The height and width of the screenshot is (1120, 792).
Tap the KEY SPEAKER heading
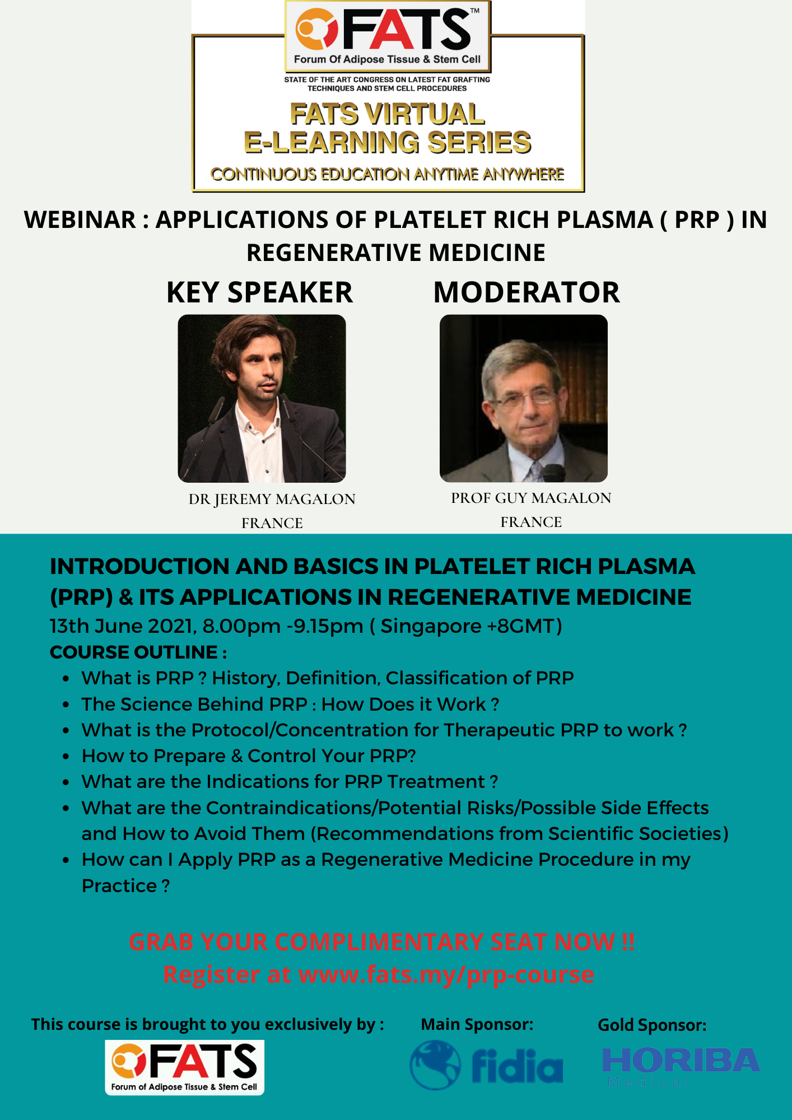pyautogui.click(x=259, y=292)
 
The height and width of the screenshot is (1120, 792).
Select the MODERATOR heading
pyautogui.click(x=527, y=292)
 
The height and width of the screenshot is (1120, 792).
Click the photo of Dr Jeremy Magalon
pyautogui.click(x=262, y=398)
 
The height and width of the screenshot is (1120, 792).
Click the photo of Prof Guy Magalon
pyautogui.click(x=523, y=398)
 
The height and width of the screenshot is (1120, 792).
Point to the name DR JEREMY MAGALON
pyautogui.click(x=272, y=499)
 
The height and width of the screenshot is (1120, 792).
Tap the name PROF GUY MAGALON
pyautogui.click(x=531, y=498)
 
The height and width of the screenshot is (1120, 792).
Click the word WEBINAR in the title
pyautogui.click(x=80, y=220)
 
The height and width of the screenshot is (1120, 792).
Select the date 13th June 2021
pyautogui.click(x=122, y=626)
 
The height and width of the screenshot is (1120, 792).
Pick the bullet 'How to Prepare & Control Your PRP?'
pyautogui.click(x=249, y=756)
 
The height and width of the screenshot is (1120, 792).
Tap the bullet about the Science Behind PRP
pyautogui.click(x=290, y=704)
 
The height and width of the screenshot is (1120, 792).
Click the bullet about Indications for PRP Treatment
pyautogui.click(x=290, y=782)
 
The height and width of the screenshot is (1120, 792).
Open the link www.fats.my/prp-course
pyautogui.click(x=446, y=975)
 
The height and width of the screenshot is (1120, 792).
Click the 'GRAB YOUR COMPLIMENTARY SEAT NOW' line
pyautogui.click(x=381, y=942)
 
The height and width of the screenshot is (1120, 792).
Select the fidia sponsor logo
pyautogui.click(x=486, y=1065)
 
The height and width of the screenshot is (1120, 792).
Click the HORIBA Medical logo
pyautogui.click(x=680, y=1066)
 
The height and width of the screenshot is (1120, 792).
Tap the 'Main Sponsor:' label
pyautogui.click(x=477, y=1024)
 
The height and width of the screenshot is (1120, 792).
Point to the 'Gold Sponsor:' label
pyautogui.click(x=652, y=1025)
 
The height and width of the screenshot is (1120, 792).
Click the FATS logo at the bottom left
pyautogui.click(x=184, y=1067)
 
